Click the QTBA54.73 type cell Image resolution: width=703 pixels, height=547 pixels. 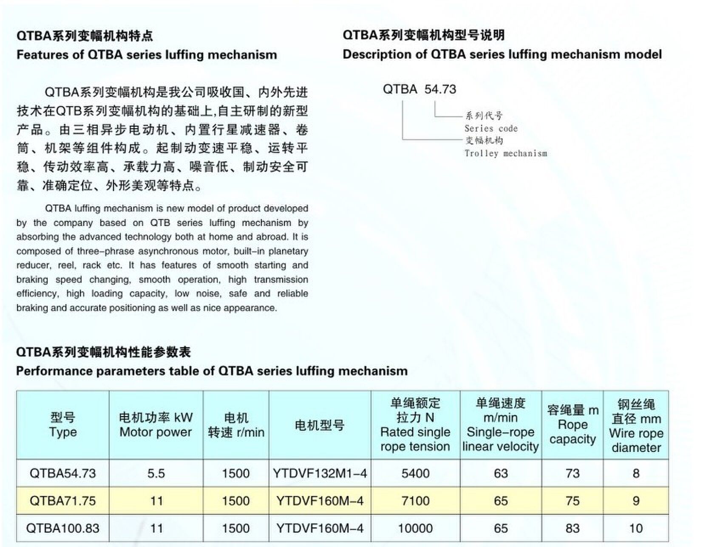[62, 473]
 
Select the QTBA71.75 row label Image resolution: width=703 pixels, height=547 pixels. [62, 501]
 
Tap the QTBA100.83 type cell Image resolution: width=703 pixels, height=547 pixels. [62, 528]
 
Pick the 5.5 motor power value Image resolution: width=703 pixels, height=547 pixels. [156, 473]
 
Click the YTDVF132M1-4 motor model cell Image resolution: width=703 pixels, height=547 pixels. [320, 473]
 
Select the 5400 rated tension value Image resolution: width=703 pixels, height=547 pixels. [415, 473]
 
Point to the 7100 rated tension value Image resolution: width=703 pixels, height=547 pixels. [415, 501]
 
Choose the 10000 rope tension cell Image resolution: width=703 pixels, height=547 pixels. [415, 528]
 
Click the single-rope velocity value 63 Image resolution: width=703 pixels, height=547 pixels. [501, 473]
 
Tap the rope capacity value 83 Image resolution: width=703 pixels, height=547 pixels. [573, 528]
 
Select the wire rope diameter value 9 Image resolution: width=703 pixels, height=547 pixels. [636, 501]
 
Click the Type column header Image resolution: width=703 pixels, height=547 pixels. [62, 425]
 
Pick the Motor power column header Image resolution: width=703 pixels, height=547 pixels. [156, 425]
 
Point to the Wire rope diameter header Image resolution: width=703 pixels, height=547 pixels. [636, 426]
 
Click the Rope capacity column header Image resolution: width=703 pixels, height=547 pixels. [573, 425]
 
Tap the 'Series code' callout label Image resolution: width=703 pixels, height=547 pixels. [491, 128]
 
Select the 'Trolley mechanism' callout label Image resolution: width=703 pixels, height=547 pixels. [505, 153]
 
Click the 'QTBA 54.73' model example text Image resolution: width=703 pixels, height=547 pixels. [419, 89]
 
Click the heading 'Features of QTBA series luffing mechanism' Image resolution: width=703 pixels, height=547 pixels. [147, 55]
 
